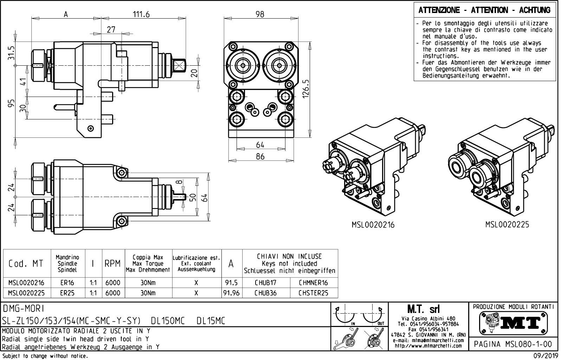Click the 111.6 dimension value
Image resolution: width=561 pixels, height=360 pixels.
141,14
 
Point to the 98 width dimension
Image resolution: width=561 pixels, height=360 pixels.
260,14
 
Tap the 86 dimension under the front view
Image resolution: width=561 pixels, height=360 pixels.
260,157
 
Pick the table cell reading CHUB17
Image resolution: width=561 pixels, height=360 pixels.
265,283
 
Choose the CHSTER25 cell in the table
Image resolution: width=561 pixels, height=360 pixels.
313,293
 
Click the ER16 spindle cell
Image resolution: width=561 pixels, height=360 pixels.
67,283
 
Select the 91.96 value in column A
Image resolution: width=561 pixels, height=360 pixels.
231,293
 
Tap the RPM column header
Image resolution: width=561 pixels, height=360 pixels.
112,263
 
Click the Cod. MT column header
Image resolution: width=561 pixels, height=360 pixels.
26,263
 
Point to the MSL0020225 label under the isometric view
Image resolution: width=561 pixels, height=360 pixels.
507,224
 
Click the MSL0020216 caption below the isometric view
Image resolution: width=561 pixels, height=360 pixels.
373,224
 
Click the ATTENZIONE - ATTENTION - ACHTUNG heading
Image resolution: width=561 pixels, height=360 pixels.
484,10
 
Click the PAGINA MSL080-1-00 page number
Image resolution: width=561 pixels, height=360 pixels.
514,344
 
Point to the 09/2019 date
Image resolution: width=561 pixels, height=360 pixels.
546,356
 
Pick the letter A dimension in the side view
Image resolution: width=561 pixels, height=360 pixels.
65,14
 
